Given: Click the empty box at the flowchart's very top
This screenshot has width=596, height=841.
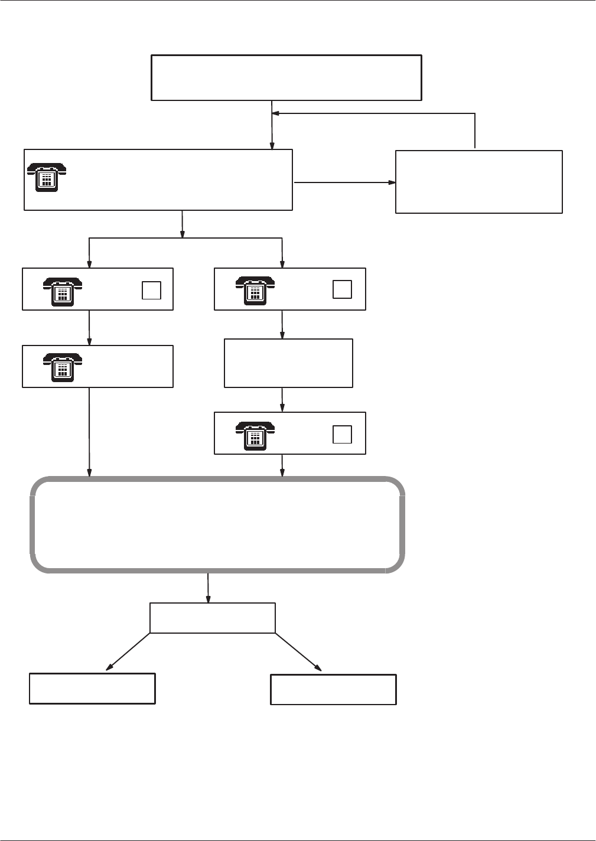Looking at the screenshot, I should (286, 78).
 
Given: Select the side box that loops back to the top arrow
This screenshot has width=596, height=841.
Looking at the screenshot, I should (478, 181).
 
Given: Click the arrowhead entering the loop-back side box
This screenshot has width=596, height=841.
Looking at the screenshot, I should (392, 182).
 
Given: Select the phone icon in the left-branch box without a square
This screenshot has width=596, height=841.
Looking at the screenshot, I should (62, 368).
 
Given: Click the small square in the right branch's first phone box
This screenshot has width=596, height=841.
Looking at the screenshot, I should (342, 289).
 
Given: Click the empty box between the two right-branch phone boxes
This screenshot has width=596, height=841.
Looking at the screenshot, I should (288, 363).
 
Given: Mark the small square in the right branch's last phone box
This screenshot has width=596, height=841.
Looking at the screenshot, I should (342, 434).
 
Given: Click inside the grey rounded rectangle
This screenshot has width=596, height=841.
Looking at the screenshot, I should (217, 524).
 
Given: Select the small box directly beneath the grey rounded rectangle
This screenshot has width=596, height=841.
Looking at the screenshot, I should (213, 618).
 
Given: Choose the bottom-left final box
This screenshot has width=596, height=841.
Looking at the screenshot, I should (92, 688).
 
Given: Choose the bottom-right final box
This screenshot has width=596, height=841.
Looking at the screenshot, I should (333, 689).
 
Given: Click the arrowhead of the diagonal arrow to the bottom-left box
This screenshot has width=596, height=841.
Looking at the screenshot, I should (109, 669).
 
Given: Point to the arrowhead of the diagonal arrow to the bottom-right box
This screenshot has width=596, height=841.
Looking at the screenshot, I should (318, 669).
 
